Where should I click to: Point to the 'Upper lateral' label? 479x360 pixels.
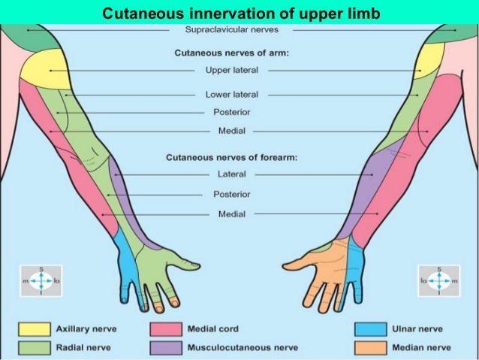point(231,71)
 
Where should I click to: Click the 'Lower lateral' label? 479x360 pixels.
point(232,95)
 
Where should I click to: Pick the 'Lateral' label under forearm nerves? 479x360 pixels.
point(231,174)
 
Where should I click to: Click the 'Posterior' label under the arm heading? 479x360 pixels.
point(231,112)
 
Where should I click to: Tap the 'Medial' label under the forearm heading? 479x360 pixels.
point(231,214)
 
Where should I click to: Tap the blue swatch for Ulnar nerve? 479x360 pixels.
point(371,329)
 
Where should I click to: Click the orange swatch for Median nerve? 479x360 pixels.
point(371,347)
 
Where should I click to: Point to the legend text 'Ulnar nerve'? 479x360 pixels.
point(417,329)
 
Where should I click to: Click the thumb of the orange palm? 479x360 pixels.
point(294,265)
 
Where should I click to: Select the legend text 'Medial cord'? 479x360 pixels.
point(214,329)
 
